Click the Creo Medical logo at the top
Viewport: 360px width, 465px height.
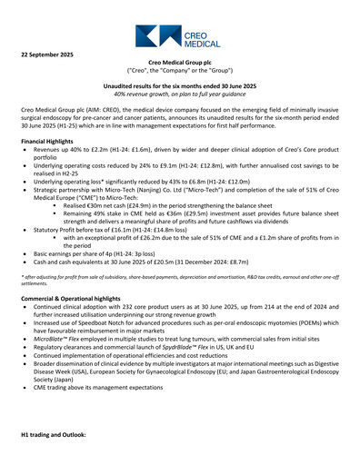[x=180, y=35]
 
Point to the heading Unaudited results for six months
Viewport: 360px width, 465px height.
[x=180, y=84]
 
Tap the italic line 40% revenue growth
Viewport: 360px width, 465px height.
[x=180, y=94]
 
